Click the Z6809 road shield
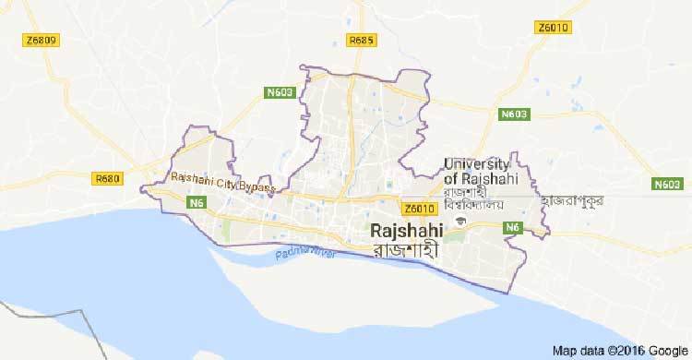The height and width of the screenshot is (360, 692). click(x=42, y=41)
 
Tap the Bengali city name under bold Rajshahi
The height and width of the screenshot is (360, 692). click(x=403, y=249)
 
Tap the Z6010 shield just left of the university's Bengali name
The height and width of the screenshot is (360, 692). click(x=418, y=210)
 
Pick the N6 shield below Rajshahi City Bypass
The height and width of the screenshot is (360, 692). click(x=197, y=202)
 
